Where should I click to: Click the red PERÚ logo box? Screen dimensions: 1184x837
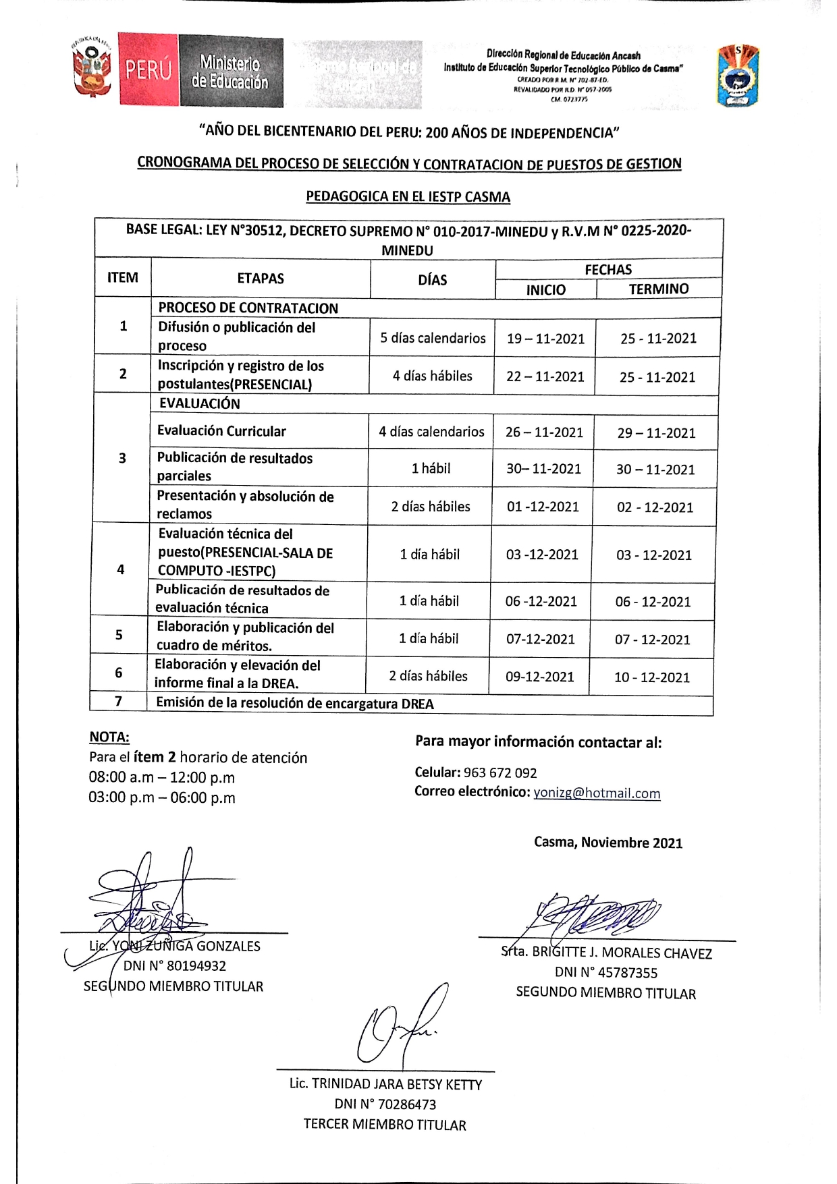(x=148, y=70)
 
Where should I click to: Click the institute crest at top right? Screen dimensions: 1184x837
(x=738, y=76)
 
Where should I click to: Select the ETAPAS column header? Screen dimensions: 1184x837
(x=261, y=279)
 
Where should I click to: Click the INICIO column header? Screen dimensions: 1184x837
(x=546, y=290)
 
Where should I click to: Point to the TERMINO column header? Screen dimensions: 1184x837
(x=659, y=289)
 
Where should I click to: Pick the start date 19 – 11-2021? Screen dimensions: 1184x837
(x=545, y=339)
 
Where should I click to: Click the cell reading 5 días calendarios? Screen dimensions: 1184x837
(x=433, y=338)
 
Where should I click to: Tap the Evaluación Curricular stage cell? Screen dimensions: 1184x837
(x=221, y=431)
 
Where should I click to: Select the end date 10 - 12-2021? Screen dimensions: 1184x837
(x=652, y=677)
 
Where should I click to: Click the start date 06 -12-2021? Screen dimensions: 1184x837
(x=541, y=601)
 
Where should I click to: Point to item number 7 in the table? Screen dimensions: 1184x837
(x=119, y=702)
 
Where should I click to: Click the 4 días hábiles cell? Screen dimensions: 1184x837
(x=433, y=376)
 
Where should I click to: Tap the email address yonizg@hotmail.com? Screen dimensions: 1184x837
(x=597, y=793)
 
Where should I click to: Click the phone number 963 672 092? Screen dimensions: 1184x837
(x=500, y=773)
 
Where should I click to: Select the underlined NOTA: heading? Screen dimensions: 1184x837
(x=109, y=737)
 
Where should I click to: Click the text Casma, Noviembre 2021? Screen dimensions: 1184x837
(x=608, y=843)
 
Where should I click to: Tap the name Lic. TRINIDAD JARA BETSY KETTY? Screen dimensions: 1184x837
(x=385, y=1084)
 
